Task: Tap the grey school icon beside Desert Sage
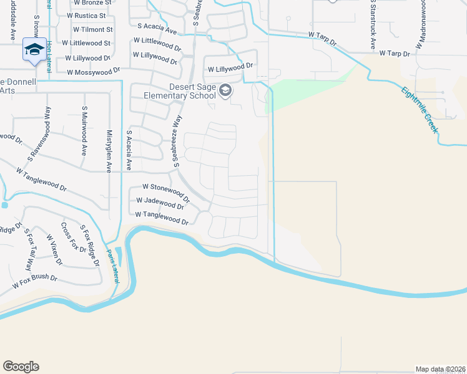pyautogui.click(x=225, y=92)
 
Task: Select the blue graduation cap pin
pyautogui.click(x=34, y=49)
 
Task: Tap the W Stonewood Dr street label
pyautogui.click(x=165, y=186)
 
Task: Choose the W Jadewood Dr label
pyautogui.click(x=159, y=203)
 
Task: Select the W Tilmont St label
pyautogui.click(x=93, y=29)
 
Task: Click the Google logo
pyautogui.click(x=21, y=367)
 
